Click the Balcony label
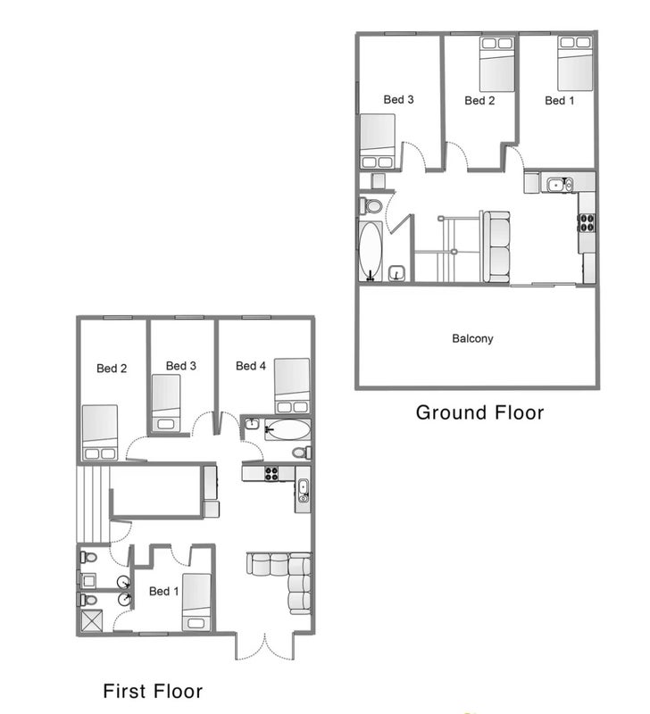pyautogui.click(x=472, y=338)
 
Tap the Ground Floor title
pyautogui.click(x=479, y=412)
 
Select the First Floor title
pyautogui.click(x=153, y=691)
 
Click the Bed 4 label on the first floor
pyautogui.click(x=251, y=366)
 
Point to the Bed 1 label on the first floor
pyautogui.click(x=164, y=591)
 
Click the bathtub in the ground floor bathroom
pyautogui.click(x=370, y=251)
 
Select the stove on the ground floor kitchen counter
pyautogui.click(x=587, y=222)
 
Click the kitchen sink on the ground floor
pyautogui.click(x=560, y=185)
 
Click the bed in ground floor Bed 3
pyautogui.click(x=377, y=141)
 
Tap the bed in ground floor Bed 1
pyautogui.click(x=575, y=63)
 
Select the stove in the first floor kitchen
pyautogui.click(x=271, y=474)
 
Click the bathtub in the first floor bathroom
pyautogui.click(x=287, y=429)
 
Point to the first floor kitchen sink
pyautogui.click(x=304, y=490)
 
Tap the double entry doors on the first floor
pyautogui.click(x=264, y=646)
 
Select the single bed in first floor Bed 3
pyautogui.click(x=166, y=403)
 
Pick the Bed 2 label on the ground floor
pyautogui.click(x=479, y=101)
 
